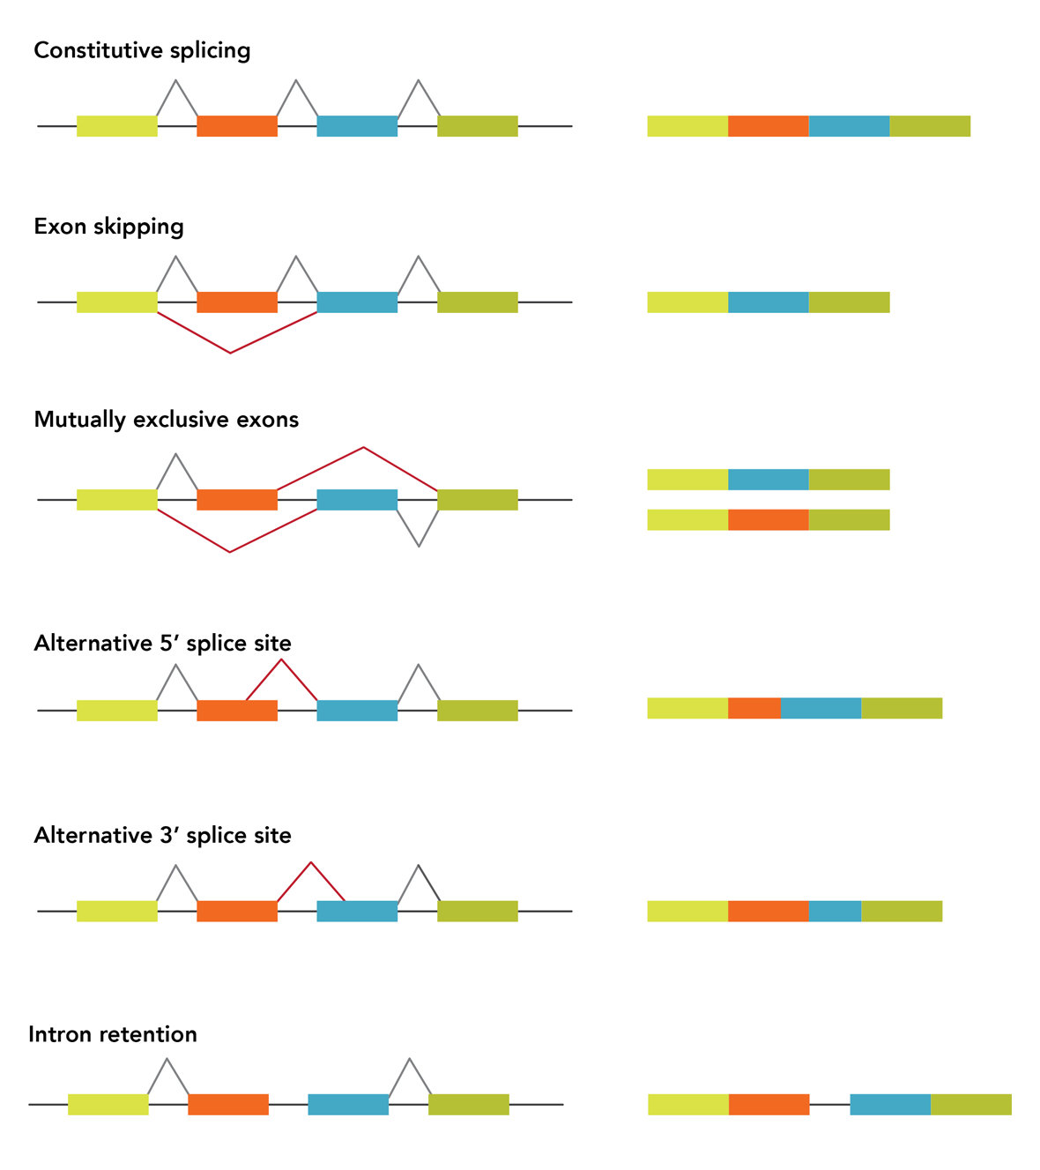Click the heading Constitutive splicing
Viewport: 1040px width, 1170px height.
(142, 50)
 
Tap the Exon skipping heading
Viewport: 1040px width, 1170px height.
(108, 227)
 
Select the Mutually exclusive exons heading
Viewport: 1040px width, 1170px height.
(166, 420)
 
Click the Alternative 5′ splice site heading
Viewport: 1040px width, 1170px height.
(162, 644)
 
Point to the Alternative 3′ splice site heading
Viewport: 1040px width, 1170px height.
(162, 836)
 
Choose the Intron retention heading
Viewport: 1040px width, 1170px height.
(112, 1034)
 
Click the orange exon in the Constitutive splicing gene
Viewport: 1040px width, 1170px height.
(237, 126)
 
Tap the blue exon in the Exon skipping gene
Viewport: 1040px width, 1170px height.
(357, 302)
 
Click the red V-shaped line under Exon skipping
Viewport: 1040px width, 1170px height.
(231, 352)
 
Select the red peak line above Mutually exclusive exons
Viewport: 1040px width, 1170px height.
(363, 449)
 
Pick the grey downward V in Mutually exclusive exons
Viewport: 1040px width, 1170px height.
(419, 544)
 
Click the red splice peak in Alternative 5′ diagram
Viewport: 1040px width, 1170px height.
(281, 660)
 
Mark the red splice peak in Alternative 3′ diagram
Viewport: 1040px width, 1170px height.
(310, 863)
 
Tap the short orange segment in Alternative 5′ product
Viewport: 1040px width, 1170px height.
(754, 708)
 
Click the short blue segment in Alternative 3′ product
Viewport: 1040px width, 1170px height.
(834, 911)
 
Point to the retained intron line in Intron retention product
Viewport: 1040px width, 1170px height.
(829, 1105)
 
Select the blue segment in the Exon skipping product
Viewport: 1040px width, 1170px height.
(768, 302)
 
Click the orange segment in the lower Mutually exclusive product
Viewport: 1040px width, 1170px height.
(768, 520)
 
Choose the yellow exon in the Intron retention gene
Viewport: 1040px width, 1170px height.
(108, 1105)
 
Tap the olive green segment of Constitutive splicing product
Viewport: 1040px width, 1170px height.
(930, 126)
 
